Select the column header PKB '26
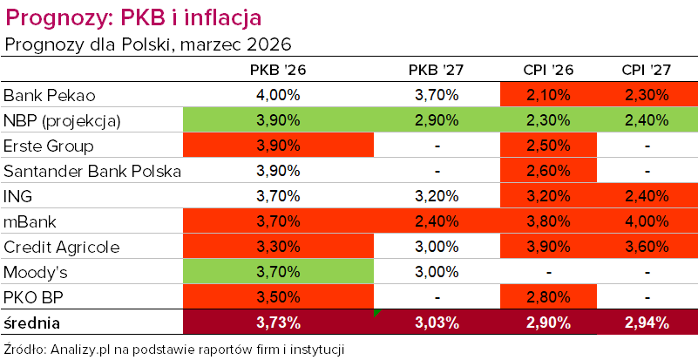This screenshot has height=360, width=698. pyautogui.click(x=278, y=71)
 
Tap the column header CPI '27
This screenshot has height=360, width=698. pyautogui.click(x=647, y=71)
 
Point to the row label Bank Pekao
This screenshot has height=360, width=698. pyautogui.click(x=49, y=95)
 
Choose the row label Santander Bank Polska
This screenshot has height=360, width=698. pyautogui.click(x=92, y=171)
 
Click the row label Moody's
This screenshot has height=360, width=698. pyautogui.click(x=37, y=272)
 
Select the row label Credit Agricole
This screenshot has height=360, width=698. pyautogui.click(x=60, y=247)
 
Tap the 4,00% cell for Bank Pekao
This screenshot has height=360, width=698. pyautogui.click(x=278, y=95)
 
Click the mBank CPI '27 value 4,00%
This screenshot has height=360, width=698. pyautogui.click(x=647, y=221)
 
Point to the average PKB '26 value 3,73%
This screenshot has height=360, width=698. pyautogui.click(x=278, y=323)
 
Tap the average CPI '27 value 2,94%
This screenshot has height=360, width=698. pyautogui.click(x=647, y=323)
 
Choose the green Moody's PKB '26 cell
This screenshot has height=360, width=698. pyautogui.click(x=278, y=272)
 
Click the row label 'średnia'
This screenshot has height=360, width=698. pyautogui.click(x=32, y=323)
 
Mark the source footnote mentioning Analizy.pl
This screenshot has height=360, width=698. pyautogui.click(x=174, y=350)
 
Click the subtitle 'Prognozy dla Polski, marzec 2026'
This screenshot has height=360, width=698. pyautogui.click(x=147, y=44)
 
